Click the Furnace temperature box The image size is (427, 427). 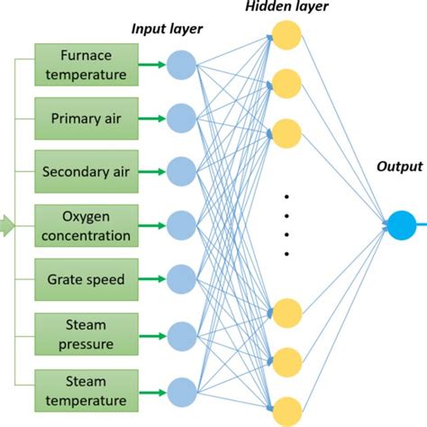(x=86, y=64)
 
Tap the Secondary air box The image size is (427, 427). (x=86, y=168)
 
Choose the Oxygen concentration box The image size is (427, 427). (x=86, y=225)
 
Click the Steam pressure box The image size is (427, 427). (x=86, y=333)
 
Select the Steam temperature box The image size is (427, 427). (x=86, y=389)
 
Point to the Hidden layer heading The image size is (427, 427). (x=286, y=8)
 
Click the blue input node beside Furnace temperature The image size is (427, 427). (x=181, y=65)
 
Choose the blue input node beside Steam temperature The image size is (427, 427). (x=181, y=390)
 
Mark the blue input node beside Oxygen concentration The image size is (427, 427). (x=181, y=224)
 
